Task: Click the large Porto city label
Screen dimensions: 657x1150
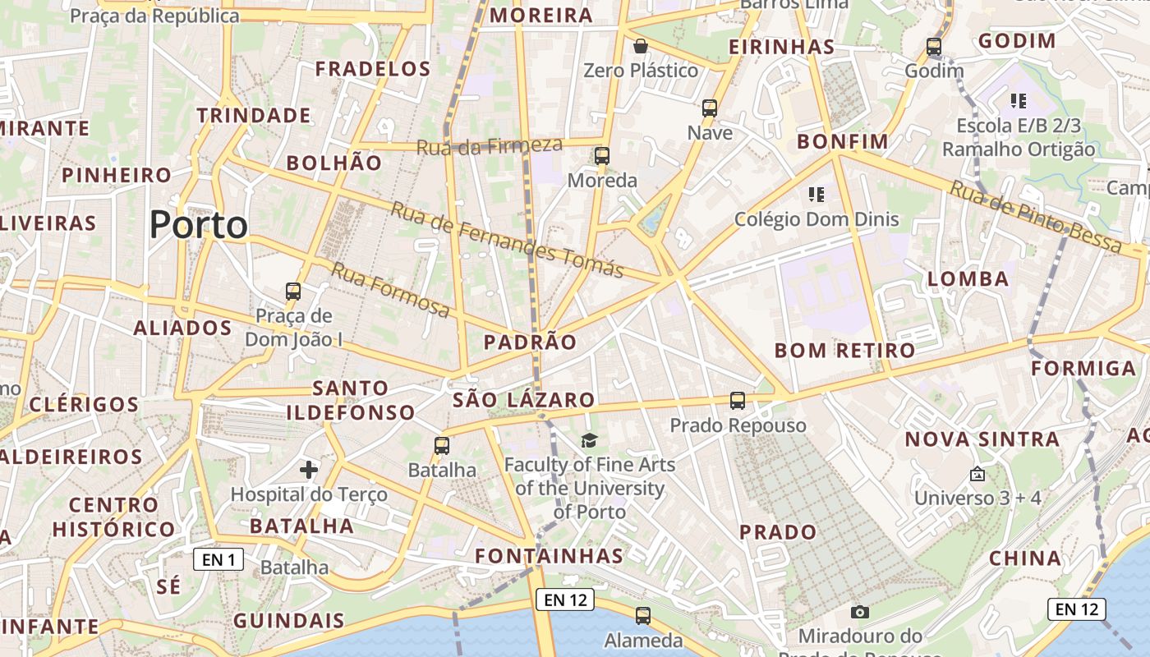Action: pyautogui.click(x=199, y=224)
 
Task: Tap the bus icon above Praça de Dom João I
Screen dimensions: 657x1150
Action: pyautogui.click(x=293, y=291)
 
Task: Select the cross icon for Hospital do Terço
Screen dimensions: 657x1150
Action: pyautogui.click(x=309, y=470)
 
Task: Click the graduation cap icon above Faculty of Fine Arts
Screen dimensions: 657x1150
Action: pyautogui.click(x=589, y=441)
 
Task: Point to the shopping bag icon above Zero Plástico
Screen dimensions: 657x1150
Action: pyautogui.click(x=640, y=46)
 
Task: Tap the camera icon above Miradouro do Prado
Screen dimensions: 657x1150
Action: pyautogui.click(x=860, y=612)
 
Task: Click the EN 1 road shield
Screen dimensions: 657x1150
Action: pyautogui.click(x=218, y=560)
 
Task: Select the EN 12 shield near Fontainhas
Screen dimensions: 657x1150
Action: pyautogui.click(x=564, y=600)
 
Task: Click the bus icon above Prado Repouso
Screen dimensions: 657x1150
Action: pyautogui.click(x=738, y=401)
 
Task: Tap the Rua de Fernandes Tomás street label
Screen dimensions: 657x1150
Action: pyautogui.click(x=507, y=239)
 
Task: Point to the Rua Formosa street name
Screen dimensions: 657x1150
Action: pyautogui.click(x=391, y=290)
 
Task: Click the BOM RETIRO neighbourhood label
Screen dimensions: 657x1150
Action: pyautogui.click(x=844, y=351)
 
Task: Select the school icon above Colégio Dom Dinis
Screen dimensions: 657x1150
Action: pyautogui.click(x=816, y=195)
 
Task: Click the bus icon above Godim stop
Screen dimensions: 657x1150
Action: pyautogui.click(x=934, y=47)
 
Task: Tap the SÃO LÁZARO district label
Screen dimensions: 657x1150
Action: pyautogui.click(x=523, y=400)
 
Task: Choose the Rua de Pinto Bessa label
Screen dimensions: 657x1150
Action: pyautogui.click(x=1035, y=217)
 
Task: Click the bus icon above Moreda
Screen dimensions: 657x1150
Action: pyautogui.click(x=602, y=156)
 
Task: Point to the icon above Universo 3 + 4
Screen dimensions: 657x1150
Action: pyautogui.click(x=977, y=474)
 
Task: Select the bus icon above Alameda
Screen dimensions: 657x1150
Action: pyautogui.click(x=643, y=615)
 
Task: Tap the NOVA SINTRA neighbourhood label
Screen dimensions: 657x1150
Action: pyautogui.click(x=982, y=439)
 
